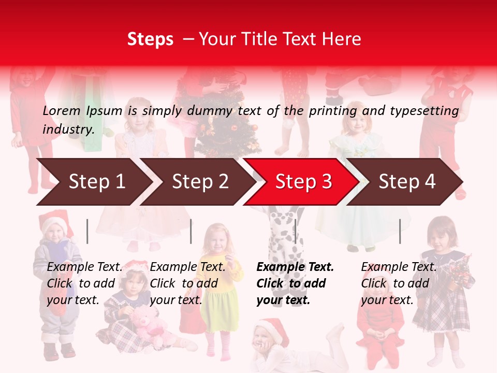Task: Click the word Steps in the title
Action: (x=150, y=39)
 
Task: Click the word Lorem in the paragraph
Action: (x=62, y=110)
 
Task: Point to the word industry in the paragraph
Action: (x=68, y=129)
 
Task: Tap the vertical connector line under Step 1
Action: (x=87, y=231)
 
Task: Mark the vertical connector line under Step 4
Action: (x=400, y=231)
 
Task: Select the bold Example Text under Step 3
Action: (x=295, y=267)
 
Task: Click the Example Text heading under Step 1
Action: (x=84, y=267)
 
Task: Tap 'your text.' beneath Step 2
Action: (x=176, y=300)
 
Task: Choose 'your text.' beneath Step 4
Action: (x=387, y=300)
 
